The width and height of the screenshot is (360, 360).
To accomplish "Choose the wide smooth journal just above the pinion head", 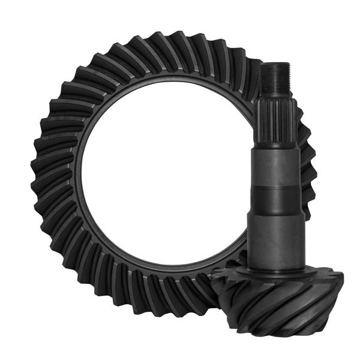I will tap(273, 234).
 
